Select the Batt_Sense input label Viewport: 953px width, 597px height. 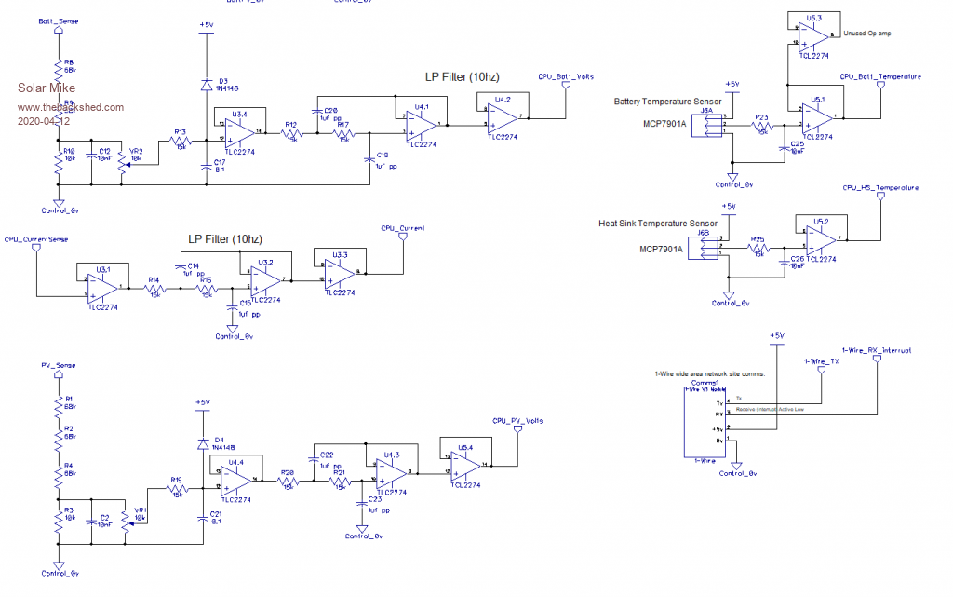coord(58,20)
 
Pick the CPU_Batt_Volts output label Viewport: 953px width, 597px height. coord(566,76)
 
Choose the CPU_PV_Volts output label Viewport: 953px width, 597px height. coord(518,420)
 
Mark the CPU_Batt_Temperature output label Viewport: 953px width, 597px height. coord(880,76)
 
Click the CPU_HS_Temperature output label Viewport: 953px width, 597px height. coord(880,188)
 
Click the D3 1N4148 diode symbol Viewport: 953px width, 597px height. coord(207,85)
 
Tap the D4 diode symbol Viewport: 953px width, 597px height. coord(203,444)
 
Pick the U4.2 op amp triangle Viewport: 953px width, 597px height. coord(503,116)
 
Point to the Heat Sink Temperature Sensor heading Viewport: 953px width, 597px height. coord(658,224)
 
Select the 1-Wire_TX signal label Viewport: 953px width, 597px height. coord(821,360)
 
